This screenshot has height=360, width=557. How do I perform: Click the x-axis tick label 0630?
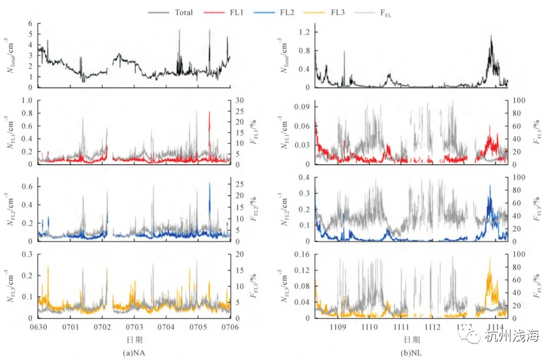[38, 327]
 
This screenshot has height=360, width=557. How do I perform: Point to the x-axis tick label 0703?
[134, 327]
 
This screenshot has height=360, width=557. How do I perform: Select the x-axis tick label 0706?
[230, 327]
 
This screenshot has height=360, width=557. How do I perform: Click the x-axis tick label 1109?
[338, 327]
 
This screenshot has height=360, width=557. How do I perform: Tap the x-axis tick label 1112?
[433, 327]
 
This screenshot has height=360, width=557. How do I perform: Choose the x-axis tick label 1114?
[497, 327]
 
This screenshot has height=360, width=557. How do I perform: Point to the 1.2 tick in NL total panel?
[304, 32]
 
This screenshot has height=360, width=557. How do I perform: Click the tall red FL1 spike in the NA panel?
[209, 113]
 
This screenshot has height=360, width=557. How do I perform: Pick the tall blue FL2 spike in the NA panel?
[209, 184]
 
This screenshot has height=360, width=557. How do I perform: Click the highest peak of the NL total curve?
[491, 36]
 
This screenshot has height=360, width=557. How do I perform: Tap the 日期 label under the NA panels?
[134, 340]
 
